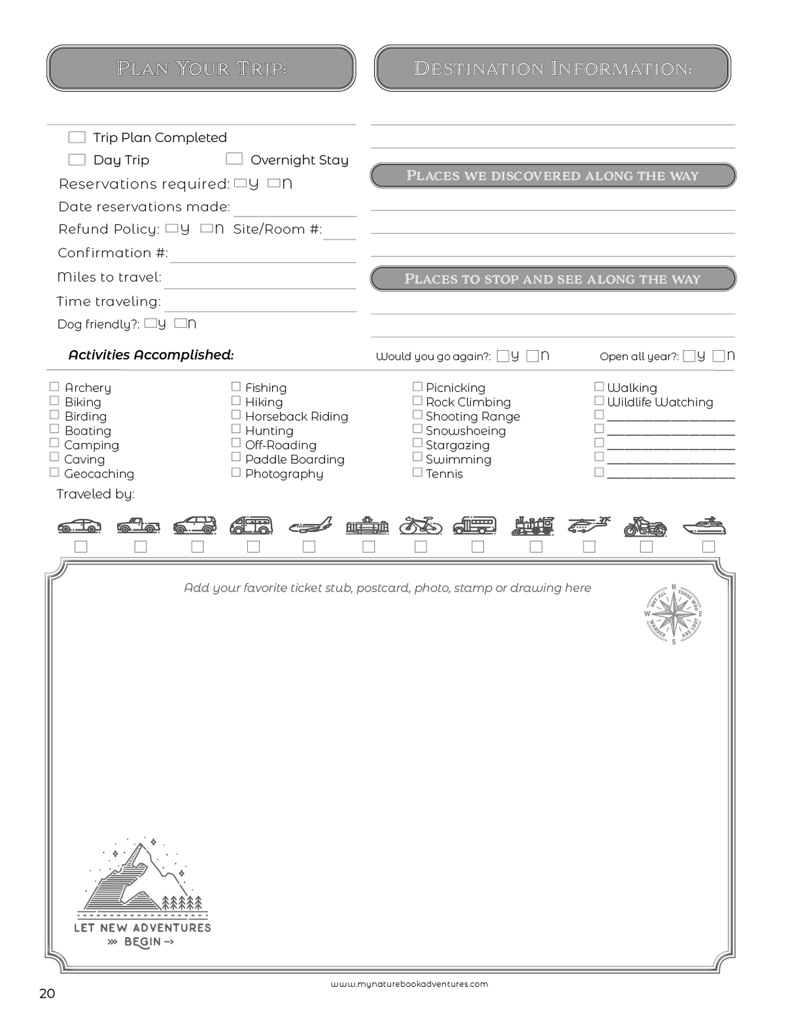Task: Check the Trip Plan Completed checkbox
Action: [77, 137]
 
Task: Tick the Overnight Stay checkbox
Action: [234, 159]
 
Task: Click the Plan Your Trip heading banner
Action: [201, 68]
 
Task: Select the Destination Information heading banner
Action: [553, 68]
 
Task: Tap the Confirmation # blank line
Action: [262, 255]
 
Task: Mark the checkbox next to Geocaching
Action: [54, 472]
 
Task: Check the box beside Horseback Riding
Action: [236, 415]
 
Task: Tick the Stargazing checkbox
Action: [417, 444]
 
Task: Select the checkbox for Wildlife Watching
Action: [598, 400]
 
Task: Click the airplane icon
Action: [310, 525]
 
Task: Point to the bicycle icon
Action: [421, 525]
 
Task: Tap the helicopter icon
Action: [589, 525]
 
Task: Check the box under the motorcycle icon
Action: [646, 546]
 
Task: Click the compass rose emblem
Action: [674, 614]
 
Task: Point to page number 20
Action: [47, 993]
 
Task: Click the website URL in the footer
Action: [409, 984]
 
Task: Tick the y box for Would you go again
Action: [502, 356]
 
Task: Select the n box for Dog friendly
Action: [181, 323]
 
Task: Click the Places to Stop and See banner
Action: [553, 279]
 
